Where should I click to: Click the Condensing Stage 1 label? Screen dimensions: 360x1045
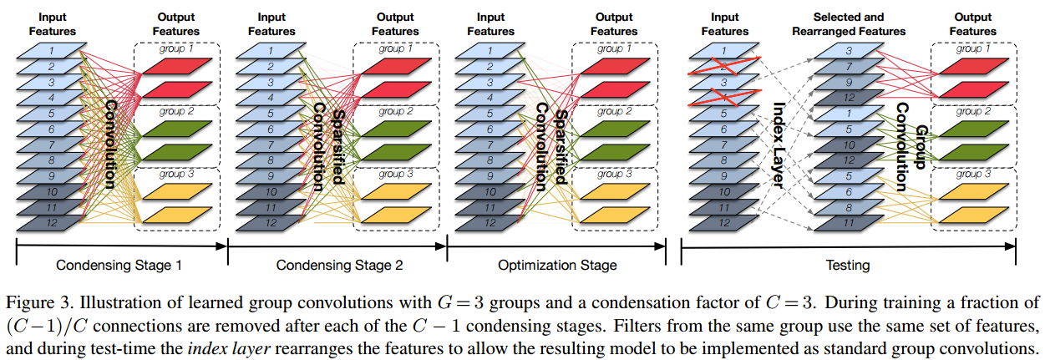tap(120, 266)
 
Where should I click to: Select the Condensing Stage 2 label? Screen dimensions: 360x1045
tap(338, 266)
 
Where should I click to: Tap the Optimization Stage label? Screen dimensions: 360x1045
tap(557, 266)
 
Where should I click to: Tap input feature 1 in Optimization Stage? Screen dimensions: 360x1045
tap(485, 52)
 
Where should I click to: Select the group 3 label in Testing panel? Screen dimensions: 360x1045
tap(970, 174)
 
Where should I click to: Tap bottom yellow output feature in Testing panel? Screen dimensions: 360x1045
tap(972, 214)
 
